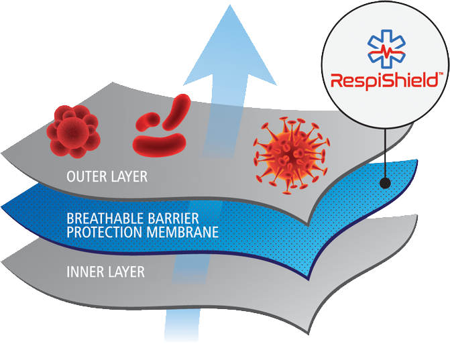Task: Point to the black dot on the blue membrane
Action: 385,182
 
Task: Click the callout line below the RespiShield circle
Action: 385,151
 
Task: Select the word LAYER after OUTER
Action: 129,178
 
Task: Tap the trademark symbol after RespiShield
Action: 439,75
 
